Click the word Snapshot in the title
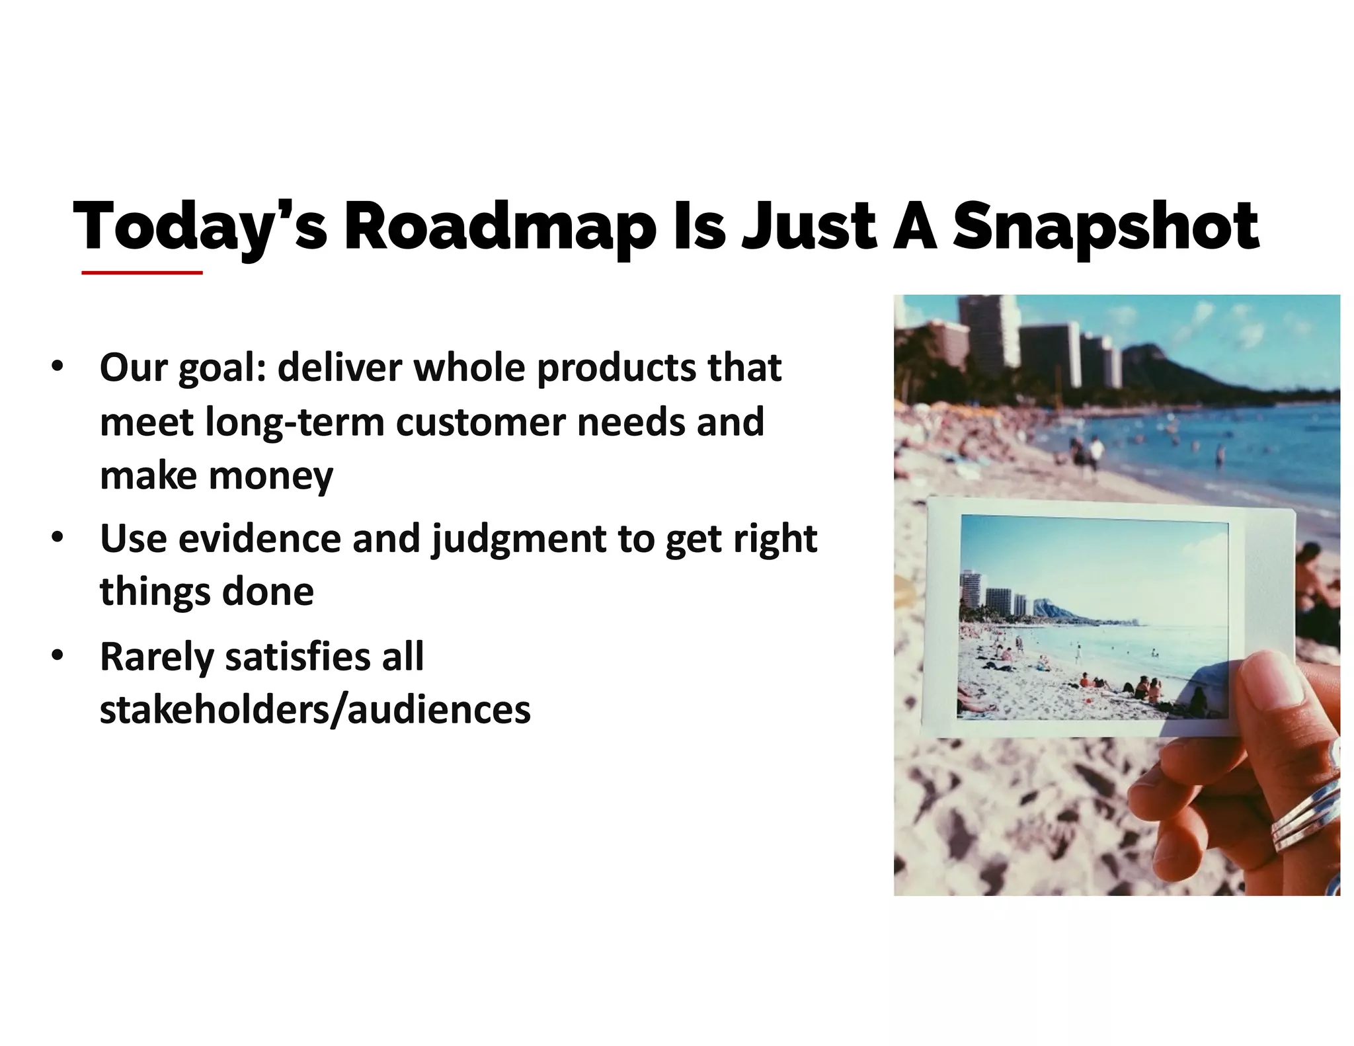(1105, 227)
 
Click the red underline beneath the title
(141, 272)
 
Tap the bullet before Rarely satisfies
(58, 655)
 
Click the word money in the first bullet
(271, 475)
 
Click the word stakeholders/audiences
(315, 709)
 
